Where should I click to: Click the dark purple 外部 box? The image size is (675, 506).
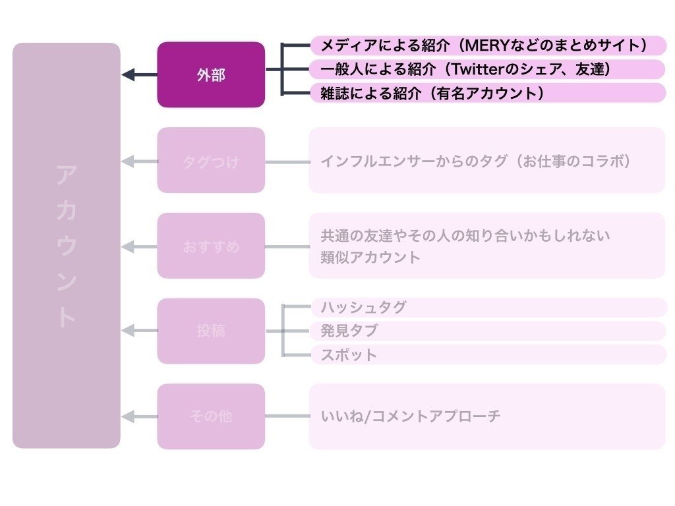[211, 74]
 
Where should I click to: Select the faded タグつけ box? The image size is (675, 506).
[211, 160]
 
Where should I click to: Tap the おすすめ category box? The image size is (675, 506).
[211, 246]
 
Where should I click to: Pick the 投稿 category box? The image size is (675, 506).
[211, 331]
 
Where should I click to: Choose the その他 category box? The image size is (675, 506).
[211, 416]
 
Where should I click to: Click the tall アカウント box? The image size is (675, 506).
[67, 246]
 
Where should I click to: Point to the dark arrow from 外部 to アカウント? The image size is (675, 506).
[139, 75]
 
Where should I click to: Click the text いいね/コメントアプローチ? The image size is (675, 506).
[411, 416]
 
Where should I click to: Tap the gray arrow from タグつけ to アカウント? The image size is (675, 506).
[139, 161]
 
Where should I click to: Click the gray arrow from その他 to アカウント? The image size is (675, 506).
[139, 416]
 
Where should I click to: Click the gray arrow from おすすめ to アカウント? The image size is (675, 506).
[139, 246]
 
